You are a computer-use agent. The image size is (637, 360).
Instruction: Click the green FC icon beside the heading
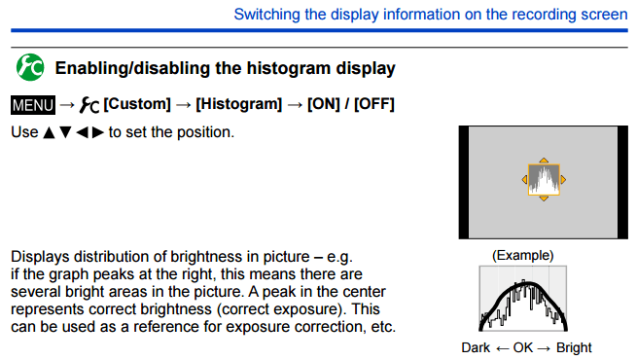click(x=29, y=67)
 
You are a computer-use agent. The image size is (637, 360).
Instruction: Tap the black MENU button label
click(x=33, y=103)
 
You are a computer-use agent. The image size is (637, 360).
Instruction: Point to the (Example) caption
click(x=523, y=255)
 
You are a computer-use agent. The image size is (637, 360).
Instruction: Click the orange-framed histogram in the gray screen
click(x=544, y=179)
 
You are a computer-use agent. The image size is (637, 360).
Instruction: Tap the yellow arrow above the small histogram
click(x=544, y=159)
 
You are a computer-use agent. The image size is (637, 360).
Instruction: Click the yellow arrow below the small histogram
click(x=544, y=199)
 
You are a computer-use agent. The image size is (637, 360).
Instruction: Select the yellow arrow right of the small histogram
click(x=563, y=179)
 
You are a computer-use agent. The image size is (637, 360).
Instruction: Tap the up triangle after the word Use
click(x=49, y=131)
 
